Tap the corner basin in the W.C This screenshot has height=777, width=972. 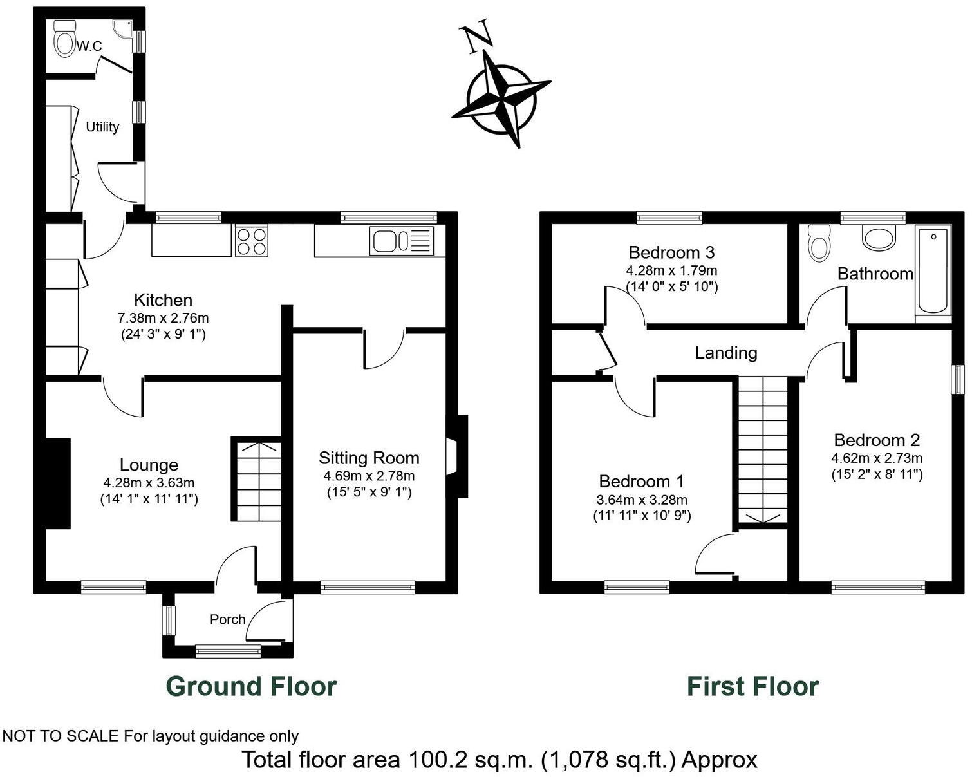(x=121, y=28)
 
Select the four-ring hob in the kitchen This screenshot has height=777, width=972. (x=251, y=241)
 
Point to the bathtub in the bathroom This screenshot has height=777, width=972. (x=933, y=270)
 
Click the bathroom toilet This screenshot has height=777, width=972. (x=819, y=243)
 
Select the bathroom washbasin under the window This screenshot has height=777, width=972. (x=879, y=237)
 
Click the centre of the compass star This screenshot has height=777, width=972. (x=501, y=100)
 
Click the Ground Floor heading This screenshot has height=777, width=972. (x=251, y=686)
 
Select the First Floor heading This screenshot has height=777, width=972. (x=752, y=686)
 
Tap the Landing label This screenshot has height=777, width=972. (x=725, y=353)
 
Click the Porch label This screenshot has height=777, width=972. (x=227, y=619)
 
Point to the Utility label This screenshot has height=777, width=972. (x=102, y=127)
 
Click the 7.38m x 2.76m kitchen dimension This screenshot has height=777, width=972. (x=163, y=318)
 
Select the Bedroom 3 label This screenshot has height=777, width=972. (x=671, y=252)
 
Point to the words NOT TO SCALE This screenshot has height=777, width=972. (x=61, y=736)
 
